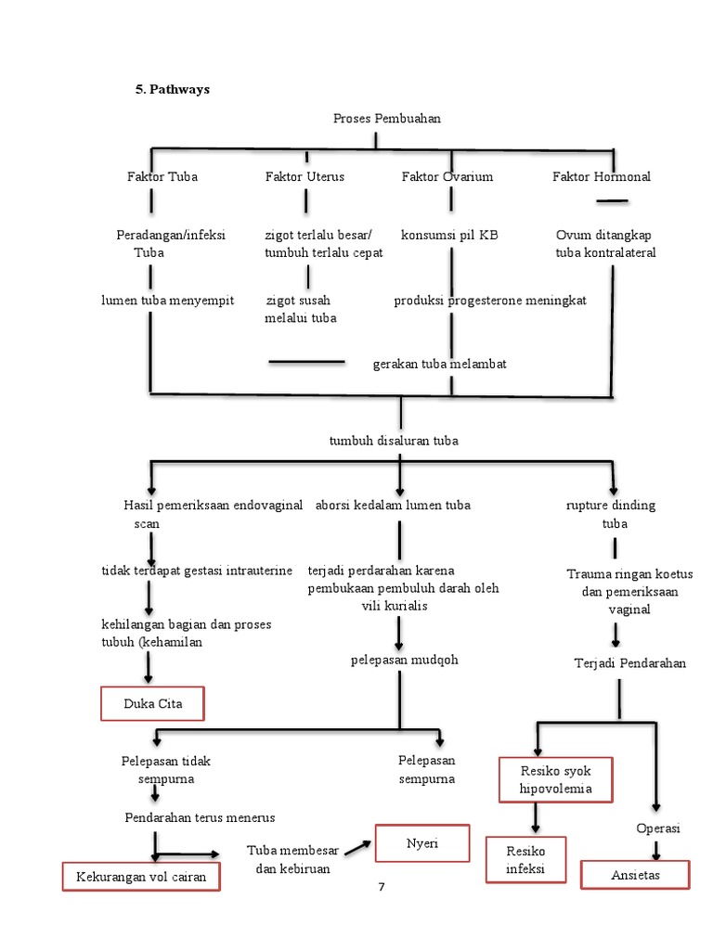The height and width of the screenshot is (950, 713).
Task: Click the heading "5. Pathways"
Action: coord(173,90)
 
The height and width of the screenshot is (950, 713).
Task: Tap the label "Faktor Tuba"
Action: coord(162,176)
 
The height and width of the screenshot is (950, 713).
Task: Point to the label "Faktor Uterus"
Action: coord(305,176)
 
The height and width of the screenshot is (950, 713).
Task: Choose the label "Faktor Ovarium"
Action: coord(447,176)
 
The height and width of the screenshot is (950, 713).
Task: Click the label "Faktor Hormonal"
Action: coord(602,176)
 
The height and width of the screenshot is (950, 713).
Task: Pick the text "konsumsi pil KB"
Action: coord(449,236)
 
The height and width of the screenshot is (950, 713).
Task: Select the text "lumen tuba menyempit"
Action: coord(168,301)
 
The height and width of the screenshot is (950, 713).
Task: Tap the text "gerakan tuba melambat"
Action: coord(439,365)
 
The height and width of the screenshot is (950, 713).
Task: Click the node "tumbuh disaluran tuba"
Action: coord(394,441)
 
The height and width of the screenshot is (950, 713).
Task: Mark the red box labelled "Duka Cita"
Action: coord(152,704)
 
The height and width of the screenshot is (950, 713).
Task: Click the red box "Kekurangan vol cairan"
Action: coord(141,877)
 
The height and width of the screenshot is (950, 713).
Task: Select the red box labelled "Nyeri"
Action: coord(422,843)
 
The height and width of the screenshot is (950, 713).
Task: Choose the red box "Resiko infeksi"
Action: coord(525,860)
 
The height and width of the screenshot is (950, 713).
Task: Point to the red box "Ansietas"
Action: coord(635,875)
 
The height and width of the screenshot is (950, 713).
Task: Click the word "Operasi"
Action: coord(657,828)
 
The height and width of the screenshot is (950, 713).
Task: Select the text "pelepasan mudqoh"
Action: coord(404,661)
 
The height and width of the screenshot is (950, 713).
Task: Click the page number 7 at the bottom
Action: coord(381,888)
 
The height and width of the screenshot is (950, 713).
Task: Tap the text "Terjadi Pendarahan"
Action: coord(630,663)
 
